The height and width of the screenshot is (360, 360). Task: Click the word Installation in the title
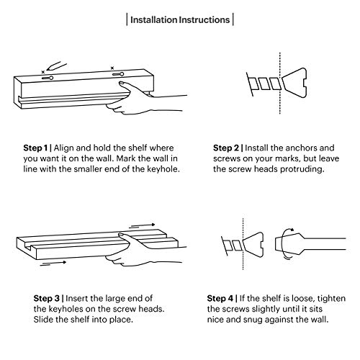[153, 20]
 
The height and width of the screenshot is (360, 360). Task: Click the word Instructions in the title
[204, 20]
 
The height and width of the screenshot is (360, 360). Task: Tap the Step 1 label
[35, 148]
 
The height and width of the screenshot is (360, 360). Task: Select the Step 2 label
[226, 148]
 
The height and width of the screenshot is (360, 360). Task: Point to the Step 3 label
[46, 299]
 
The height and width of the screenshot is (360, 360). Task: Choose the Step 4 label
[220, 299]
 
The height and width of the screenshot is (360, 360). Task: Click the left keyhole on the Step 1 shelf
[48, 78]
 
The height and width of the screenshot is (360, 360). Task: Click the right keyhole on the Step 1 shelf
[118, 74]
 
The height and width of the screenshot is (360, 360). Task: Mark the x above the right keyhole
[112, 68]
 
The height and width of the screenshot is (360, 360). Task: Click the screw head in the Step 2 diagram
[294, 83]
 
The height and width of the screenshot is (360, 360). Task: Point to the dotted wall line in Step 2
[280, 83]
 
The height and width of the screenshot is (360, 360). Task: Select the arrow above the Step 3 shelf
[143, 225]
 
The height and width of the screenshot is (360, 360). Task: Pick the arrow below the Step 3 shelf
[53, 264]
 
